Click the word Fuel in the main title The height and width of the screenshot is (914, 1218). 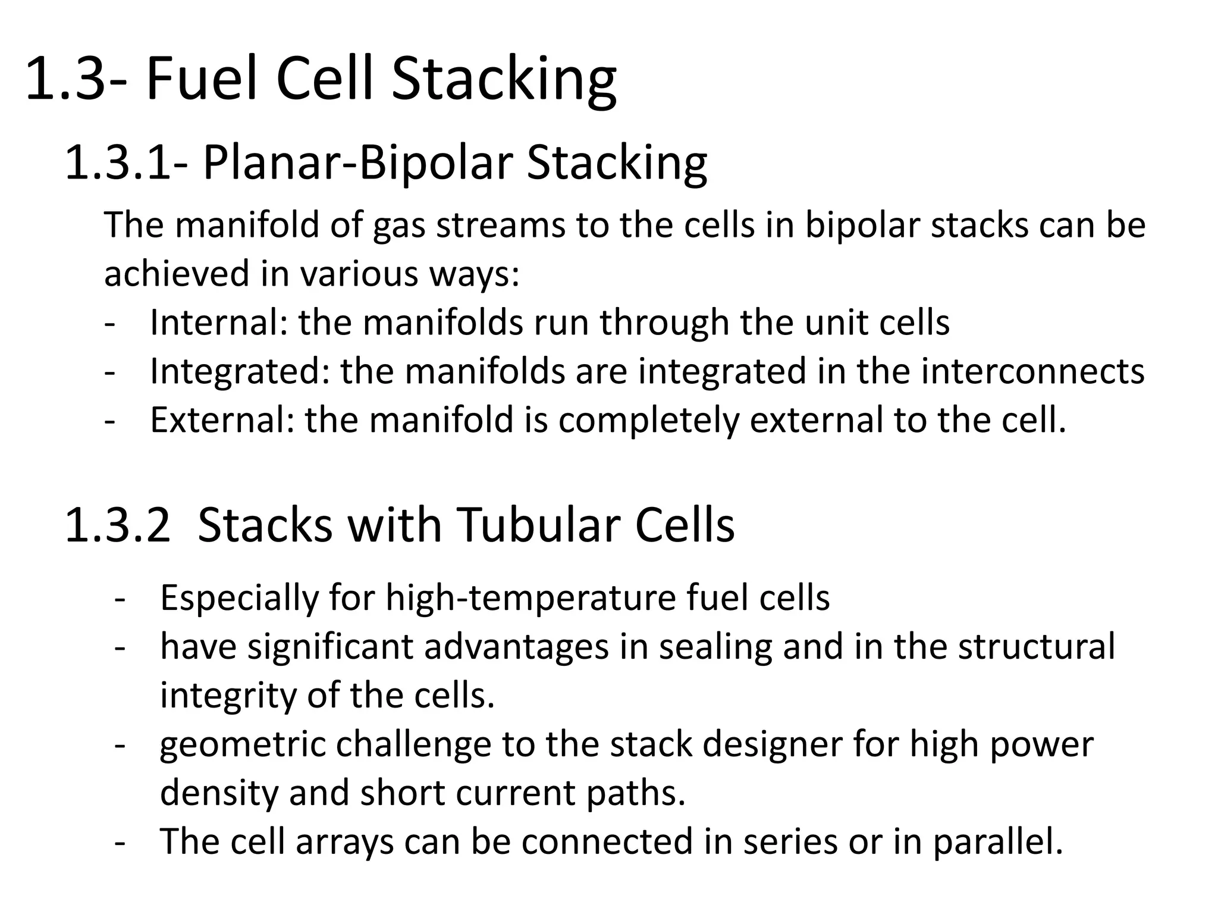203,79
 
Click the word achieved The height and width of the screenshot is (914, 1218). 177,274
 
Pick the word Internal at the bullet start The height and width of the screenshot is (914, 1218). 219,323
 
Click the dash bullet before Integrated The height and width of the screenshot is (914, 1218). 109,373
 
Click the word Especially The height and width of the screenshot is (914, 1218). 239,598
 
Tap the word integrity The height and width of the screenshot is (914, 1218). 228,696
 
